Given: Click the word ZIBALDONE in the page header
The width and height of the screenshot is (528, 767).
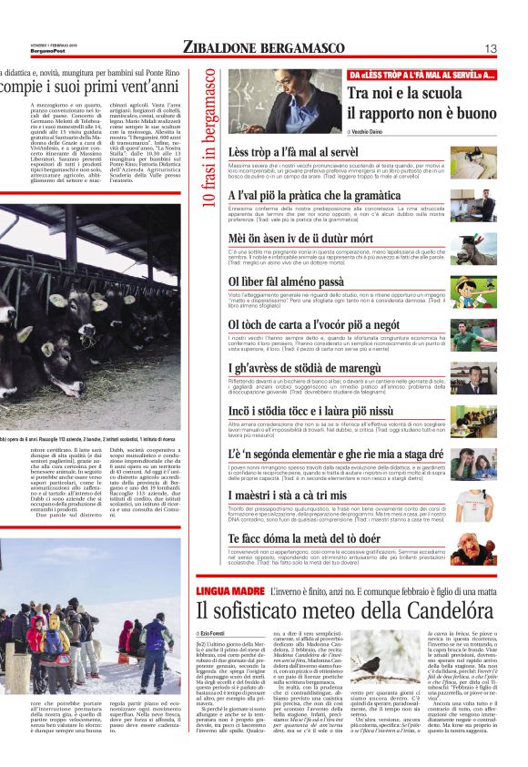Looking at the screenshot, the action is click(x=220, y=47).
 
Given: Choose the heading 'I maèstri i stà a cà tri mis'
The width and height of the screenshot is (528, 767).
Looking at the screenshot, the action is click(x=297, y=494).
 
